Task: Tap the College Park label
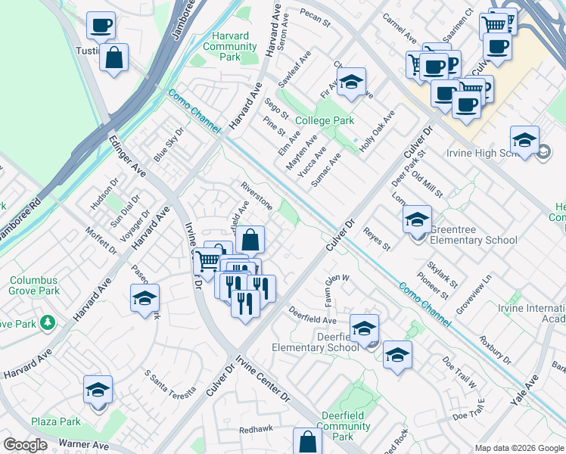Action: pyautogui.click(x=325, y=120)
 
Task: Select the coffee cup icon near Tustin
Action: pyautogui.click(x=101, y=26)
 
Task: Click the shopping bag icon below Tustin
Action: pyautogui.click(x=114, y=58)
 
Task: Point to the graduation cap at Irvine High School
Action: pyautogui.click(x=524, y=140)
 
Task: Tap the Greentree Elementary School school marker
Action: pyautogui.click(x=416, y=220)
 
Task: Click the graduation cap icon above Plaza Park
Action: pyautogui.click(x=98, y=390)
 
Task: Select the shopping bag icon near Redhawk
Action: pyautogui.click(x=307, y=442)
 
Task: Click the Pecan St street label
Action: pyautogui.click(x=316, y=17)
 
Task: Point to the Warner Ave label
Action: pyautogui.click(x=84, y=445)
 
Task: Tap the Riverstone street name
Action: pyautogui.click(x=257, y=195)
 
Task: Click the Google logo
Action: pyautogui.click(x=25, y=445)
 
